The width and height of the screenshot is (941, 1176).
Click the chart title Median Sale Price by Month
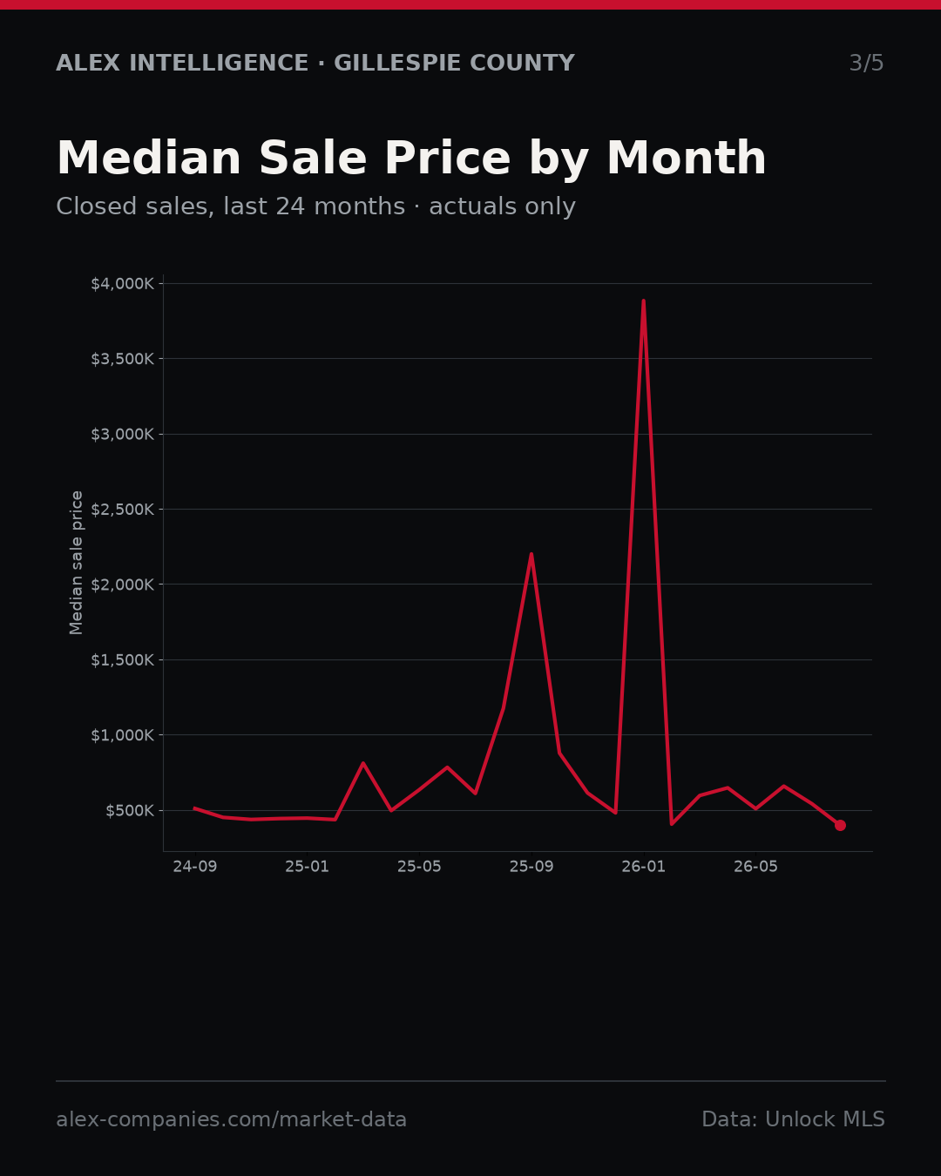click(x=411, y=159)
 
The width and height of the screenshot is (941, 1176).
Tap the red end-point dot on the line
click(x=840, y=825)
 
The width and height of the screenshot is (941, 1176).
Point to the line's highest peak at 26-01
click(x=644, y=301)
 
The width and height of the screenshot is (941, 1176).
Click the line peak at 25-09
click(x=531, y=555)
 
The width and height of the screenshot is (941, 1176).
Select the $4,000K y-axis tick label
click(x=123, y=284)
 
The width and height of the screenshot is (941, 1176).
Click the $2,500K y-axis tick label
click(x=123, y=510)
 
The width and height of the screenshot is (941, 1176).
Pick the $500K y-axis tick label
click(x=130, y=810)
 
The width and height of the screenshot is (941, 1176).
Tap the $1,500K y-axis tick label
click(x=123, y=660)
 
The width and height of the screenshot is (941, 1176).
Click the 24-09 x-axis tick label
click(x=195, y=867)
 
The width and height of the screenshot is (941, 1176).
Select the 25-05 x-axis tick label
click(x=419, y=867)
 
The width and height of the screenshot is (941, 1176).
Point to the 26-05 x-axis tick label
click(x=755, y=867)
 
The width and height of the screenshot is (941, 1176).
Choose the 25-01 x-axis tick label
click(x=308, y=867)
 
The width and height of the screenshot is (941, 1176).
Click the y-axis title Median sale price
click(x=77, y=563)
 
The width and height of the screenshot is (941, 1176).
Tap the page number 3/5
click(x=867, y=63)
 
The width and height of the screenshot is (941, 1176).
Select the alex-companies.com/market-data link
click(x=231, y=1119)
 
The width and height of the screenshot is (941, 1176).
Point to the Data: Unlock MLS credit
click(x=794, y=1119)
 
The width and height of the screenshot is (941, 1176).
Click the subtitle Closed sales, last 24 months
click(x=231, y=206)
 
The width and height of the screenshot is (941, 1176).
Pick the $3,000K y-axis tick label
click(x=123, y=435)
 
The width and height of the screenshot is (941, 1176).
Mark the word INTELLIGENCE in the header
click(x=219, y=63)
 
